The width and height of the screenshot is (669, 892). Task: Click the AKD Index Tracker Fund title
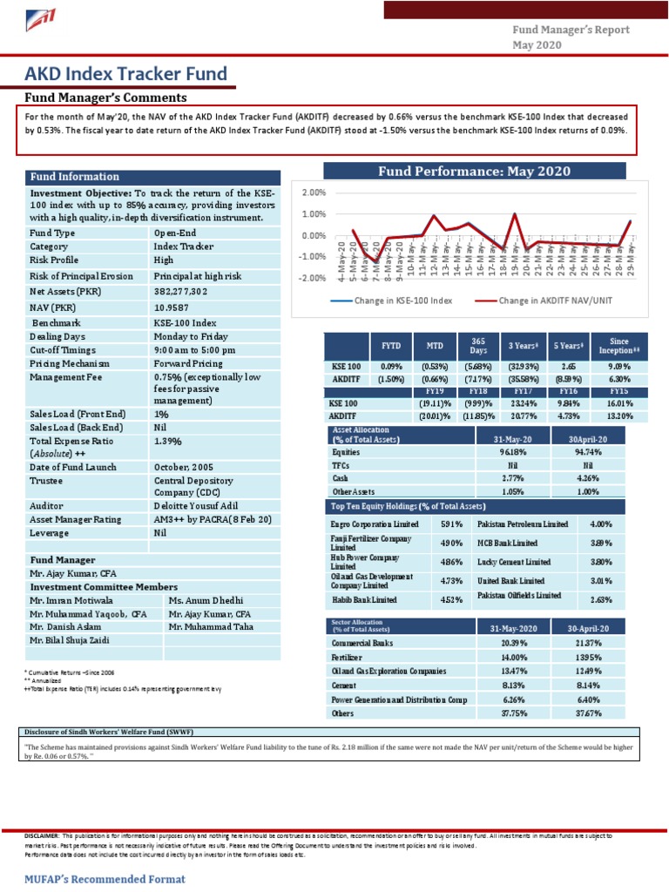[126, 74]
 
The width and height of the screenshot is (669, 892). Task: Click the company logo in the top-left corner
[41, 20]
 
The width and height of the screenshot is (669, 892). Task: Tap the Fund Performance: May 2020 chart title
[474, 172]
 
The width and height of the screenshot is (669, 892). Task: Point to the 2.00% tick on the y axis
[314, 193]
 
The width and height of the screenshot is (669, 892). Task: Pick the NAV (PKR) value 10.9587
[171, 307]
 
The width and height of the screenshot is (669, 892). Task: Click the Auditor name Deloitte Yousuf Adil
[202, 504]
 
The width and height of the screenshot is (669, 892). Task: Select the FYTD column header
[391, 346]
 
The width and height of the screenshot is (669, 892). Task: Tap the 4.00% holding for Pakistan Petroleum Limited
[601, 524]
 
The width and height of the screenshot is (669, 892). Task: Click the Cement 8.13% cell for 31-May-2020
[513, 685]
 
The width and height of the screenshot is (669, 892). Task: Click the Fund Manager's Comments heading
[105, 98]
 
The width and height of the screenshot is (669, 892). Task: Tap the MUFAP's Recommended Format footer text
[105, 879]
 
